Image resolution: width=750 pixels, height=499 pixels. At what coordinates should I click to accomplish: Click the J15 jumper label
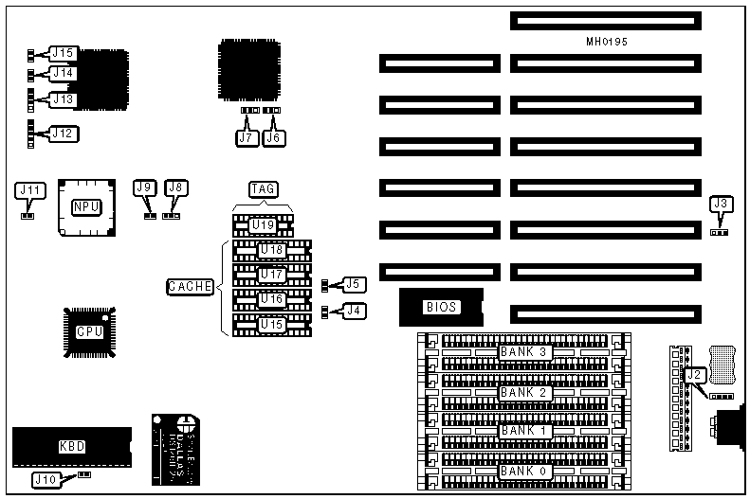(x=63, y=53)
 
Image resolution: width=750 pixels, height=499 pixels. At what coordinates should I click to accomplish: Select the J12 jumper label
(x=62, y=134)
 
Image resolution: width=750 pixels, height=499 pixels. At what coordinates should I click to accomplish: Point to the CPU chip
(x=89, y=331)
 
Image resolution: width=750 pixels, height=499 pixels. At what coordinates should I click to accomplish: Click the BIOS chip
(x=442, y=306)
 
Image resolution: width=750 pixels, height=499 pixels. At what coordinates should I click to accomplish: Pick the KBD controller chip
(x=72, y=445)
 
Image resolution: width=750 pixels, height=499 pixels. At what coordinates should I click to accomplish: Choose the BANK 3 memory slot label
(x=524, y=352)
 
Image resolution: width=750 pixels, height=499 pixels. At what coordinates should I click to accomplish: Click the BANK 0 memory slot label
(x=524, y=471)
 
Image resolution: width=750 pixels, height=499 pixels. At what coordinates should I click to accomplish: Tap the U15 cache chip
(x=272, y=324)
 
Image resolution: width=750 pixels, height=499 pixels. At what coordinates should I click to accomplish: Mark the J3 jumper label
(x=721, y=204)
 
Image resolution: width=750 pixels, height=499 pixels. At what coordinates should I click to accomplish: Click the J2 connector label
(x=695, y=375)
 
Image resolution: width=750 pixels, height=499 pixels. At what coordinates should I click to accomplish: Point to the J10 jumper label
(x=46, y=479)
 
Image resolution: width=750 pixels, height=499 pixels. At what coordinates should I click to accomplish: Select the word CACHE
(x=190, y=286)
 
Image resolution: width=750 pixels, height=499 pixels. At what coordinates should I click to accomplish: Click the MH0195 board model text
(x=607, y=43)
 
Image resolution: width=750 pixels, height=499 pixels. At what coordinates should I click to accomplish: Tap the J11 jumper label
(x=29, y=190)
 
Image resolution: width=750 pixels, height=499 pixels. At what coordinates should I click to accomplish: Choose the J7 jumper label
(x=247, y=137)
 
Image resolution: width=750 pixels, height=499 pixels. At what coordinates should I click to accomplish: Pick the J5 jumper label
(x=353, y=283)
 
